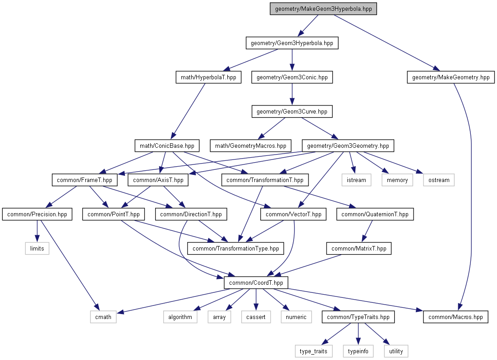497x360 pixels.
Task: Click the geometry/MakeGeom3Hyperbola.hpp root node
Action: (323, 9)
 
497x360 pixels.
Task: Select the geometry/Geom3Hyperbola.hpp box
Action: (292, 43)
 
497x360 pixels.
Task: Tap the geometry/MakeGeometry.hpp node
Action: (451, 77)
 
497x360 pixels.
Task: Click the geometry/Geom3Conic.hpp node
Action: (292, 77)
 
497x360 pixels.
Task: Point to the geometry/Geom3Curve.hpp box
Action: (292, 112)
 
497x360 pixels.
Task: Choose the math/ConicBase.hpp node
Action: (167, 146)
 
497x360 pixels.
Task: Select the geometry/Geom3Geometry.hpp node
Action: (348, 146)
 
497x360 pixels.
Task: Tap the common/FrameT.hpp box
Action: (85, 180)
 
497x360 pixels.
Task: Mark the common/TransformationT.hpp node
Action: (265, 180)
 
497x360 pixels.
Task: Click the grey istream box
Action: (356, 180)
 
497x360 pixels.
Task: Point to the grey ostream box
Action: (439, 180)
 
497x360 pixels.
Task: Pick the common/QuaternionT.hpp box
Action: (375, 214)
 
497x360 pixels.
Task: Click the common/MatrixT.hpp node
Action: (359, 248)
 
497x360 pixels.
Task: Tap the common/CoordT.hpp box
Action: (256, 283)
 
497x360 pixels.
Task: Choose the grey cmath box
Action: (103, 317)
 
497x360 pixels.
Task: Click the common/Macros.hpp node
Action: (456, 317)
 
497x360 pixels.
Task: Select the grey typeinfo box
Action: (359, 351)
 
